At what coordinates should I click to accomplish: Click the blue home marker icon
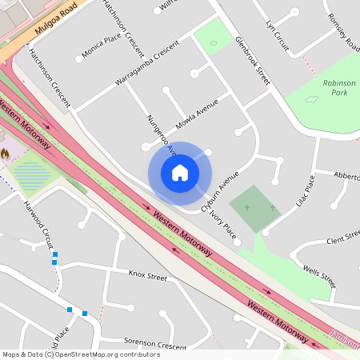click(180, 173)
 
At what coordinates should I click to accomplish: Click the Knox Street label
click(147, 276)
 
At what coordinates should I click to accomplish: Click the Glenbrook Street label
click(253, 60)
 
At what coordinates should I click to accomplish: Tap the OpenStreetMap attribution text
click(82, 354)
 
